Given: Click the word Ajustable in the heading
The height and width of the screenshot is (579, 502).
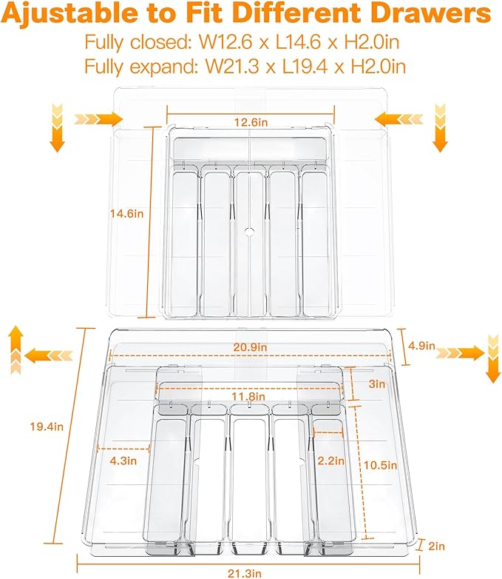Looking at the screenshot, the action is click(69, 13).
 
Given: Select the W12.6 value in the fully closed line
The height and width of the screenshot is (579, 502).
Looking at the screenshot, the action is click(225, 42).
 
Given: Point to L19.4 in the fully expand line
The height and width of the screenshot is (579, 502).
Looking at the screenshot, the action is click(307, 67).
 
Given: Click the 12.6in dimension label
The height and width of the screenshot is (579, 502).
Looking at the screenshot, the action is click(251, 122).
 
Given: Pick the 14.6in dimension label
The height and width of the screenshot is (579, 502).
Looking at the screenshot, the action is click(127, 213).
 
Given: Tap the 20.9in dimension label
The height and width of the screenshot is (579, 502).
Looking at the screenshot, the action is click(250, 347).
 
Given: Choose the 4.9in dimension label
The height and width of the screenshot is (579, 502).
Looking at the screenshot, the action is click(421, 346).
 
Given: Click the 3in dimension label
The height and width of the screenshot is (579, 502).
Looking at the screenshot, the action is click(377, 384).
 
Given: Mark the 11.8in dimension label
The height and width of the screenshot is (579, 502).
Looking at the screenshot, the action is click(248, 397).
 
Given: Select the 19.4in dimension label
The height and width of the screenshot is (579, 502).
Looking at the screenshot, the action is click(47, 427).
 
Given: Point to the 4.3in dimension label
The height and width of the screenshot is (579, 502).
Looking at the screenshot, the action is click(123, 461).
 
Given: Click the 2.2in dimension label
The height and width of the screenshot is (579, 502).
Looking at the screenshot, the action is click(331, 461).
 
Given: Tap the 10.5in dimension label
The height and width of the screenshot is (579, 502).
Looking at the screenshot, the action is click(380, 465).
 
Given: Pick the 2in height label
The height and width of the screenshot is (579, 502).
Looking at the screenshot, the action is click(437, 546).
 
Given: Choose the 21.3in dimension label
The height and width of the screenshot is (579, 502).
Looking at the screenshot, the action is click(245, 574).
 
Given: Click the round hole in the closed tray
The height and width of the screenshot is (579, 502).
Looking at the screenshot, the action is click(250, 232).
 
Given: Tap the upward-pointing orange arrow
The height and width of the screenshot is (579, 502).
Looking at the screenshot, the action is click(15, 349).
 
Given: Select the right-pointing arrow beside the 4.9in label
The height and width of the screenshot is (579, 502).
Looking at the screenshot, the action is click(460, 353).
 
